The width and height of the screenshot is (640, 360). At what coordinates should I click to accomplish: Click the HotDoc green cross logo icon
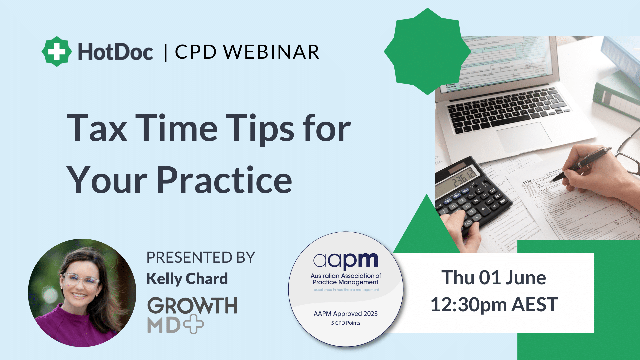(x=57, y=51)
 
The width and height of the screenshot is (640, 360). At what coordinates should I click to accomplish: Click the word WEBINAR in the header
(x=271, y=52)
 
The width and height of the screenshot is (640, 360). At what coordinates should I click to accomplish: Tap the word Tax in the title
(x=97, y=129)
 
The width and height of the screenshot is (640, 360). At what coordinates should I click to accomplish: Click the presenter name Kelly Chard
(x=187, y=279)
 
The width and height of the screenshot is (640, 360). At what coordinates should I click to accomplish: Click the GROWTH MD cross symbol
(x=194, y=324)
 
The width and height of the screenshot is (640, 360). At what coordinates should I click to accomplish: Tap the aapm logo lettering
(x=346, y=261)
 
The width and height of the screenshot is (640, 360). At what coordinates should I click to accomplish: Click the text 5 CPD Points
(x=346, y=323)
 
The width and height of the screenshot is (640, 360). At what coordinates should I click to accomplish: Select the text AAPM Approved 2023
(x=346, y=314)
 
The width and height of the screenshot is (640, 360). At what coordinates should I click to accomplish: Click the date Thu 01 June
(x=494, y=278)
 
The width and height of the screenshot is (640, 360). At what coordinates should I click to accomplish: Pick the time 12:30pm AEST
(x=494, y=304)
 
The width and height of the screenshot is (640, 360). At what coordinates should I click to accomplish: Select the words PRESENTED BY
(x=201, y=258)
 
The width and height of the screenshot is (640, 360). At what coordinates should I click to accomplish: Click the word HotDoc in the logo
(x=115, y=52)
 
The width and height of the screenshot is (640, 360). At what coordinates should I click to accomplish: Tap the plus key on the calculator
(x=483, y=209)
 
